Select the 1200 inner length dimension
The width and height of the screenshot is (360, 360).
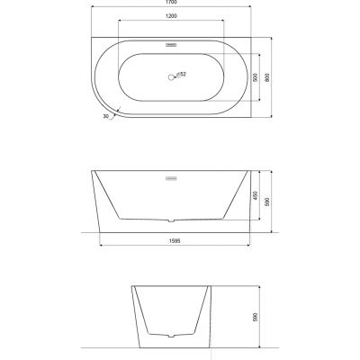[171, 21]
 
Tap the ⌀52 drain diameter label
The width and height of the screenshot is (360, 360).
[181, 73]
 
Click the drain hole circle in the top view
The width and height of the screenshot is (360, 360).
[168, 76]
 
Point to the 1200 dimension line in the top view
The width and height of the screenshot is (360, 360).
[171, 26]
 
